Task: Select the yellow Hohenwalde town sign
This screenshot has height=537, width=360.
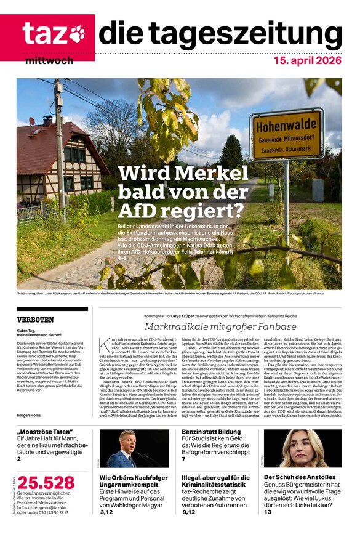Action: (286, 134)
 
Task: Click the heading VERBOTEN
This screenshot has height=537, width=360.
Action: (35, 320)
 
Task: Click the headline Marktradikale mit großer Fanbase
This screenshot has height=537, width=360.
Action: (220, 326)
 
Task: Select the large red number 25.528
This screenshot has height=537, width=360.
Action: (46, 483)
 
